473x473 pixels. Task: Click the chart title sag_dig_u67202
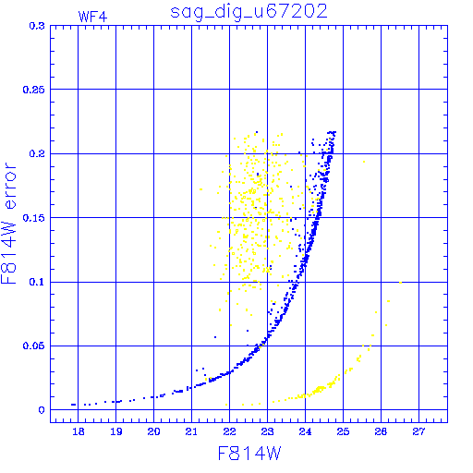249,12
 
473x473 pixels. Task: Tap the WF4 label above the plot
92,17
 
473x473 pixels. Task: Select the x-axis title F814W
249,454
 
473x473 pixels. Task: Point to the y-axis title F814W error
9,224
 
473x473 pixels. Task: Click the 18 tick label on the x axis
79,431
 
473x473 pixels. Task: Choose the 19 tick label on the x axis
116,431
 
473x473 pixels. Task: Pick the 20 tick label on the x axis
153,431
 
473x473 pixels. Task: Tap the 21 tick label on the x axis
191,431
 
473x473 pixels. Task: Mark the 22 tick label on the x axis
229,431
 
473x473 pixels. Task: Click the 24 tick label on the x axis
305,431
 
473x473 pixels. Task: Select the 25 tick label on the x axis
343,431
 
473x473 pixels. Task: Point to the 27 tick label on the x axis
418,431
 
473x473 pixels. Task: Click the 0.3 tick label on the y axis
37,26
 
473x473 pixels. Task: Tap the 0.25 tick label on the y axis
34,90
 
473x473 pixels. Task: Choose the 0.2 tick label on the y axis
37,153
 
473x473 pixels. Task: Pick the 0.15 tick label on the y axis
34,218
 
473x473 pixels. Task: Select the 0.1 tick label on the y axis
37,282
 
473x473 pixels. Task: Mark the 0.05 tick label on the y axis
34,346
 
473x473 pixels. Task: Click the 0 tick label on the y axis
42,410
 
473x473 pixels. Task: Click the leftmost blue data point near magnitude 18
73,405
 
